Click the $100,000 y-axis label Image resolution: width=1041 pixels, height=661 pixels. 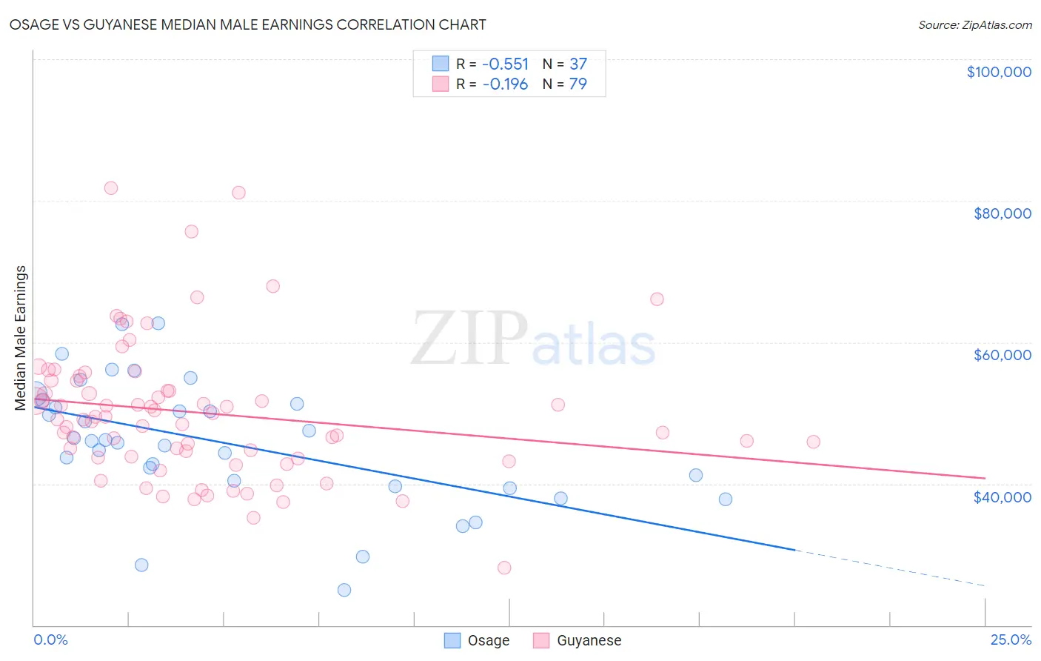(x=998, y=72)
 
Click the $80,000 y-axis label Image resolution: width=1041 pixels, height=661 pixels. (x=1002, y=213)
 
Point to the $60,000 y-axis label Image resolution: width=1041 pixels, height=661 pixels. (x=1002, y=355)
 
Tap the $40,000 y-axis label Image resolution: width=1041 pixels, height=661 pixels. (x=1002, y=496)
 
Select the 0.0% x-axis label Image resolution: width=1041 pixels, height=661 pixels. (x=50, y=640)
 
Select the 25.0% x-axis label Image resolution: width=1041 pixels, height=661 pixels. (x=1011, y=640)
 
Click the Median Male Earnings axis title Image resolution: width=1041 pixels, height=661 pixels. (x=21, y=338)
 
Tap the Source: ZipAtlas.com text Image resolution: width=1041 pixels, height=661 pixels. (x=974, y=24)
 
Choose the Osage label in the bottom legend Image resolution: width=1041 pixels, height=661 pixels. (x=488, y=640)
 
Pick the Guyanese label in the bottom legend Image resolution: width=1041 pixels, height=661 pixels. (x=589, y=640)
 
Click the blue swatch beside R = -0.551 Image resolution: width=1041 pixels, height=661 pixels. (x=441, y=64)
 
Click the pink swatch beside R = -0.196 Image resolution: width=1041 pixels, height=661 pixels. (x=441, y=84)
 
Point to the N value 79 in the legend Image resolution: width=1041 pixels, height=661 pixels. (x=578, y=84)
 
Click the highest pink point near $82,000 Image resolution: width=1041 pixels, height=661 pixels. (x=111, y=188)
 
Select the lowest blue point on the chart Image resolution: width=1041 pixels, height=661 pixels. (x=344, y=590)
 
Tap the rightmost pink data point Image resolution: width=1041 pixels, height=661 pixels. (x=813, y=442)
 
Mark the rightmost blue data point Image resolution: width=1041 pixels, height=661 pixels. (x=726, y=499)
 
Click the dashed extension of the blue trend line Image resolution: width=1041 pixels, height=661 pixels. (x=888, y=568)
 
